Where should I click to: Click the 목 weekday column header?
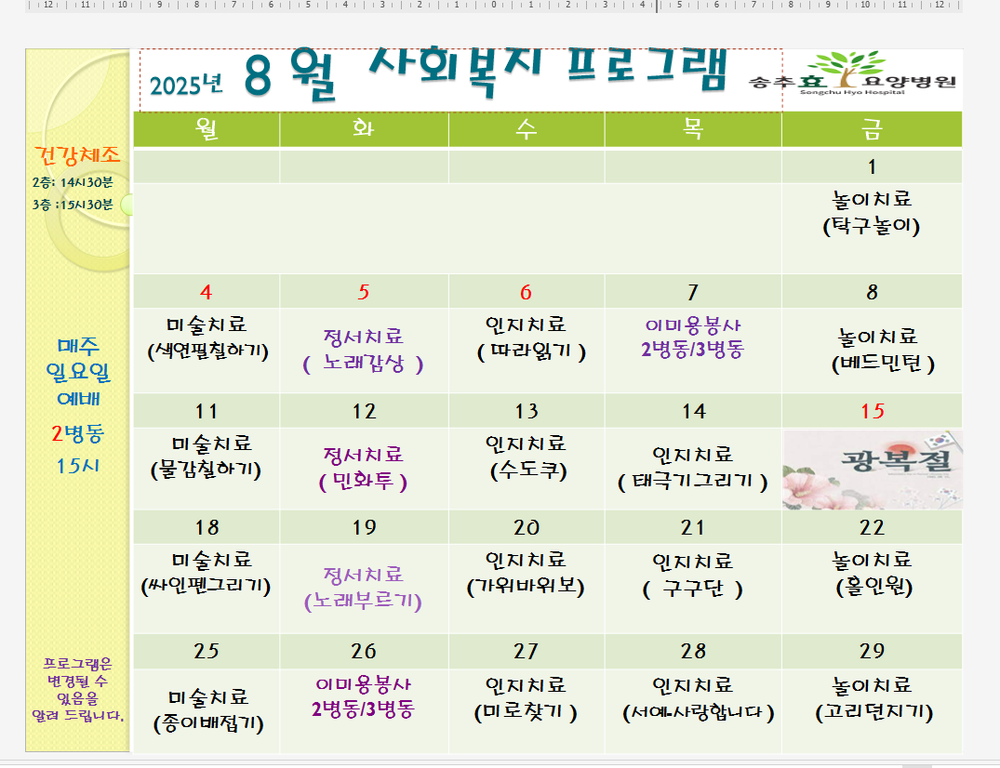(693, 129)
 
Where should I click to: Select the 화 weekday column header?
(364, 128)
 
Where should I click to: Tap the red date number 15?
(873, 411)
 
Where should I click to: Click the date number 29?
(872, 651)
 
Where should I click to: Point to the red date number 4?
(206, 292)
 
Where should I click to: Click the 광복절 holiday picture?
(873, 470)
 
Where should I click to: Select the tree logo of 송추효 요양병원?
(847, 68)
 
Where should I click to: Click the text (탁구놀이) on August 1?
(872, 226)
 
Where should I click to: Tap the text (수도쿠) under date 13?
(528, 471)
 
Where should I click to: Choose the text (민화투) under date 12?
(363, 482)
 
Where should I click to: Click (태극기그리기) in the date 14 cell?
(693, 482)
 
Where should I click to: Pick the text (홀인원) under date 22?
(873, 587)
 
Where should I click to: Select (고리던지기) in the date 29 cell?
(873, 712)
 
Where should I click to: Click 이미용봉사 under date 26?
(364, 685)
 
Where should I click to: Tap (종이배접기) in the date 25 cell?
(208, 724)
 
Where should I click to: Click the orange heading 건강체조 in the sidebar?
(77, 155)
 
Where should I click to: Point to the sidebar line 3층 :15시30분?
(73, 205)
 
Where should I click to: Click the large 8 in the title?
(258, 76)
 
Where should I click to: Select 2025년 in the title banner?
(186, 85)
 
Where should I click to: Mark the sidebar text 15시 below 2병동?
(78, 466)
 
